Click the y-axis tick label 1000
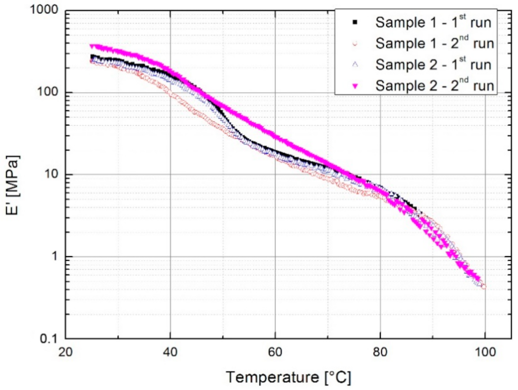[x=44, y=10]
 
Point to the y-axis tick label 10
[x=51, y=174]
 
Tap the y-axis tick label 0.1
[x=49, y=338]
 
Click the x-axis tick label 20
[x=65, y=352]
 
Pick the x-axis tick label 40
[x=170, y=352]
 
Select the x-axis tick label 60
[x=275, y=352]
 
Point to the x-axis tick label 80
[x=380, y=352]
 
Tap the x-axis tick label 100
[x=485, y=352]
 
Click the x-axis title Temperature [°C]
[x=288, y=377]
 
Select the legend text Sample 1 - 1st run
[x=433, y=22]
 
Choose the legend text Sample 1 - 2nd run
[x=434, y=43]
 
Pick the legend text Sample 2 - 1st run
[x=433, y=65]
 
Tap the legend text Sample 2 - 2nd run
[x=434, y=85]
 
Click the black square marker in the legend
[x=355, y=22]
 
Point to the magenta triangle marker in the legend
[x=355, y=86]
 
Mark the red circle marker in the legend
[x=355, y=44]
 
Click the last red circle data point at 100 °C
[x=484, y=287]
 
